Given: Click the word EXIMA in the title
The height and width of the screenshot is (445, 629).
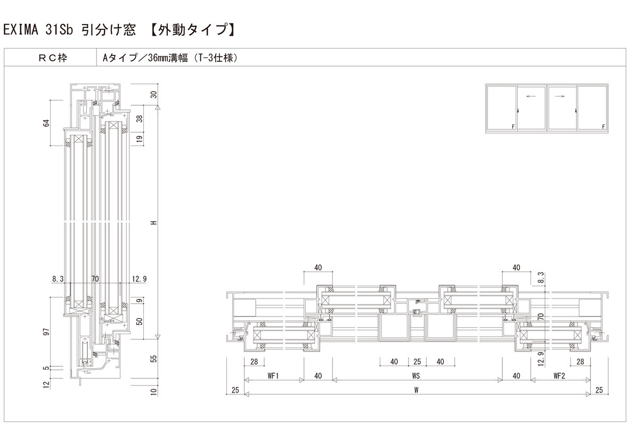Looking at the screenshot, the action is click(x=20, y=30).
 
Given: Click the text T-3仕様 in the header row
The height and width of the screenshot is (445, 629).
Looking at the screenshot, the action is click(x=215, y=58).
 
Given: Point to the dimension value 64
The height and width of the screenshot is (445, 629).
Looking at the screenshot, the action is click(x=47, y=123).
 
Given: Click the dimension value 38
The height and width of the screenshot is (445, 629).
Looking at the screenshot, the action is click(x=140, y=119).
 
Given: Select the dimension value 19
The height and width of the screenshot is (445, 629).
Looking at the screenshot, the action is click(x=140, y=139).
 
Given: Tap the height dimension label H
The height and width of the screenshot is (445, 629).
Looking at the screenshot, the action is click(x=154, y=223).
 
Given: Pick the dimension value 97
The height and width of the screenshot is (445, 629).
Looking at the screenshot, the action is click(x=47, y=332).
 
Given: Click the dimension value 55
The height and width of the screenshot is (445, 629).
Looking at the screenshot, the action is click(x=154, y=358).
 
